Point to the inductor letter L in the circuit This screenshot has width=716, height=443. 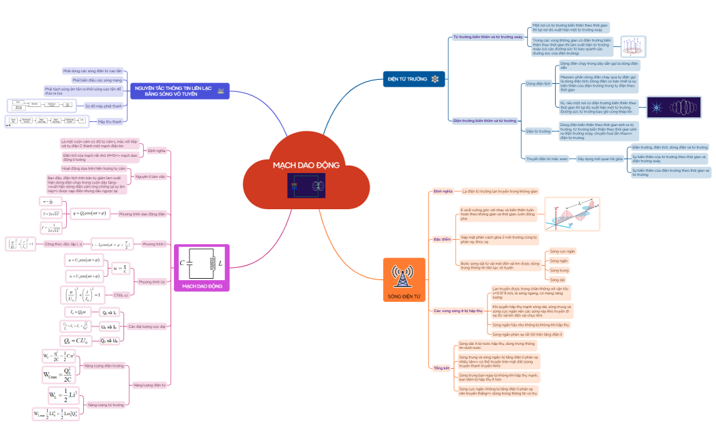[x=220, y=263]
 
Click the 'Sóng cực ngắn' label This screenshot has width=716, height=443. [x=562, y=251]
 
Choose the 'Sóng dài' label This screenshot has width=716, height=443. [x=558, y=279]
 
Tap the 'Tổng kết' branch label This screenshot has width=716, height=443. [x=441, y=367]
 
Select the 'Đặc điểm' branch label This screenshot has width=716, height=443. [x=443, y=239]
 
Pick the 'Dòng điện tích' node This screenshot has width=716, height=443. [x=538, y=85]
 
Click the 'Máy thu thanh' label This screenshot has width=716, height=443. [x=110, y=121]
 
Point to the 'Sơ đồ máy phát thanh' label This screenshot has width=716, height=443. [x=104, y=106]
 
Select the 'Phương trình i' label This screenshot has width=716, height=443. [x=153, y=243]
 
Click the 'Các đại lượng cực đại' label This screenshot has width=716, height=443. [x=147, y=326]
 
